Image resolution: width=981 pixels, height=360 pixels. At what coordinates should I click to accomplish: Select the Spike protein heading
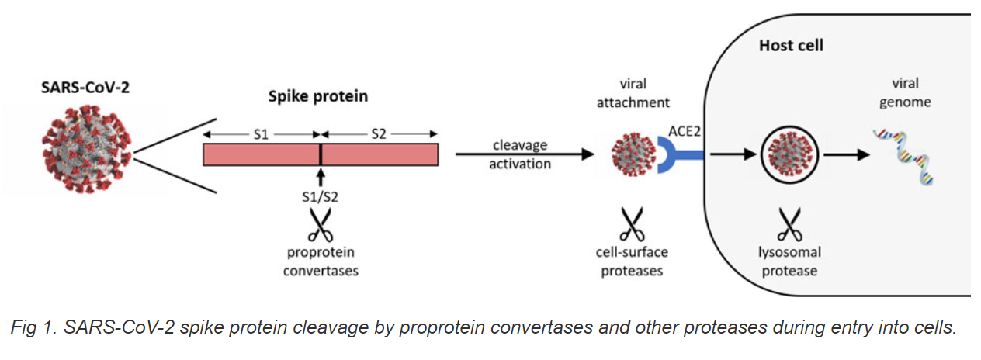pyautogui.click(x=318, y=97)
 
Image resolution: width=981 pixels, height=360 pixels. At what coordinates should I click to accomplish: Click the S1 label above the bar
pyautogui.click(x=262, y=133)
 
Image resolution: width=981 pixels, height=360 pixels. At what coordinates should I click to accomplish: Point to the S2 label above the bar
pyautogui.click(x=379, y=133)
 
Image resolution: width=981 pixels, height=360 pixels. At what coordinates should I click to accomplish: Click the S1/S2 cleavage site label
pyautogui.click(x=320, y=197)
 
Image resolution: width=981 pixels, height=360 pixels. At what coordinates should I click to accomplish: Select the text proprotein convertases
pyautogui.click(x=320, y=261)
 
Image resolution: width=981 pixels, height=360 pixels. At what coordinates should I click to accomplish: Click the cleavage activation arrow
pyautogui.click(x=520, y=154)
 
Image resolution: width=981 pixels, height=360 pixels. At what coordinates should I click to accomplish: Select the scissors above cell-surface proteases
pyautogui.click(x=633, y=224)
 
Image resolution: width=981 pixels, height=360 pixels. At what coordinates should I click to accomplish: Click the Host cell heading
pyautogui.click(x=791, y=46)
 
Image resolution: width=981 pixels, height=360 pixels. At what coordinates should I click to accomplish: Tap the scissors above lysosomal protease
pyautogui.click(x=789, y=224)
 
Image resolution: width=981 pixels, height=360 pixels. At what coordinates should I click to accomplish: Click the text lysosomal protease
pyautogui.click(x=789, y=261)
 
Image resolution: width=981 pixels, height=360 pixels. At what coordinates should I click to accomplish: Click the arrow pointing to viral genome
pyautogui.click(x=846, y=155)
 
